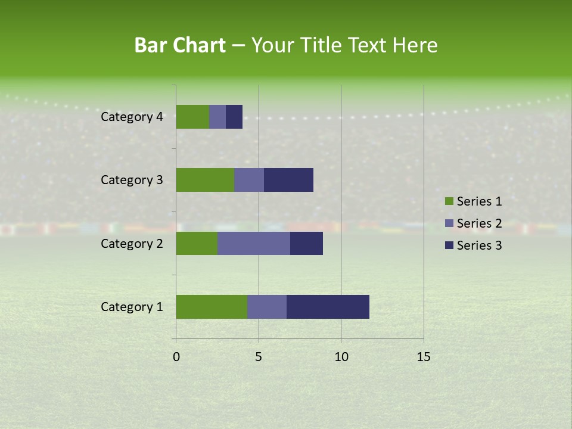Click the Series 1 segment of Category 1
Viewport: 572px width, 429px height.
pyautogui.click(x=212, y=307)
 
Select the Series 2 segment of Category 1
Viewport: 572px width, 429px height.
pyautogui.click(x=267, y=307)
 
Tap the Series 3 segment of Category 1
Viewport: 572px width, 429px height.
pyautogui.click(x=328, y=307)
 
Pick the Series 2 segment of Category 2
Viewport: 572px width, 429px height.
pyautogui.click(x=254, y=243)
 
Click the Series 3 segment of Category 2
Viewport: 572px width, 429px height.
pyautogui.click(x=306, y=243)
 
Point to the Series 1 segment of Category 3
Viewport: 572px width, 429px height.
pyautogui.click(x=205, y=180)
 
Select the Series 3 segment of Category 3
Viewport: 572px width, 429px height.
pyautogui.click(x=288, y=180)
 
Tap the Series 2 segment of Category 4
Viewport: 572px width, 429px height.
pyautogui.click(x=217, y=117)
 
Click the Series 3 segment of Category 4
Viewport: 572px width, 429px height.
pyautogui.click(x=234, y=117)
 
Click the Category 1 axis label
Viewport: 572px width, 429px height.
pyautogui.click(x=132, y=307)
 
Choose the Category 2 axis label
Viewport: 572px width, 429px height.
pyautogui.click(x=132, y=243)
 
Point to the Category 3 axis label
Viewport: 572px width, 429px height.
pyautogui.click(x=132, y=180)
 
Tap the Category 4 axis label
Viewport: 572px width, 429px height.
pyautogui.click(x=132, y=117)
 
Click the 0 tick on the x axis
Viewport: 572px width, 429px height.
pyautogui.click(x=176, y=357)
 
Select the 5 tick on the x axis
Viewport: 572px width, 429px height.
pyautogui.click(x=259, y=357)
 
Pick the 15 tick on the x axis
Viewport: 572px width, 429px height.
pyautogui.click(x=423, y=357)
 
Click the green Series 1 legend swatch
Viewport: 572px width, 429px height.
pyautogui.click(x=449, y=201)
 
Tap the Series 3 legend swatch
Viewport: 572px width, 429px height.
pyautogui.click(x=449, y=245)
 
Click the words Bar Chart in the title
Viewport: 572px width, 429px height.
pyautogui.click(x=180, y=45)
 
